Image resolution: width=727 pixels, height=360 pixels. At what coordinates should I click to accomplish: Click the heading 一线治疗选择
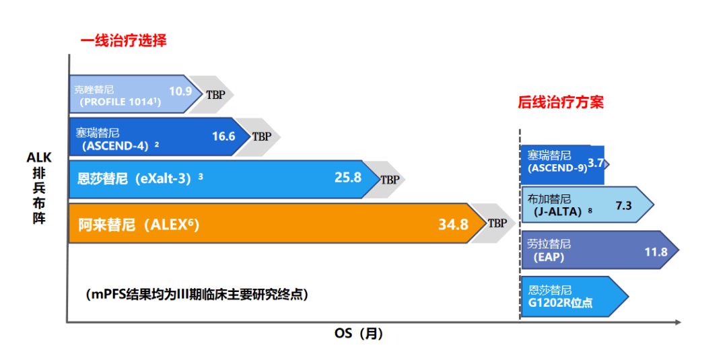coord(123,41)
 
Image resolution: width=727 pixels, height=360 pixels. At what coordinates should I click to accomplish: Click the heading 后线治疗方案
coord(560,102)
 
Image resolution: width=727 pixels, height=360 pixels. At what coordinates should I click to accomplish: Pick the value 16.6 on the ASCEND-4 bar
coord(223,136)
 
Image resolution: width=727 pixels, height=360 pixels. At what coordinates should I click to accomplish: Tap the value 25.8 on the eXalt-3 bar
coord(348,178)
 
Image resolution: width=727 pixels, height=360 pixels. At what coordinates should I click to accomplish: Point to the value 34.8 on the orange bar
coord(453,224)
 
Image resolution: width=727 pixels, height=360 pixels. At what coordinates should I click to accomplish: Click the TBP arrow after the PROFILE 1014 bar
coord(215,94)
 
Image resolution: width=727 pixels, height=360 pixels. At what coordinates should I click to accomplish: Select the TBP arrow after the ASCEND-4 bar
coord(261,136)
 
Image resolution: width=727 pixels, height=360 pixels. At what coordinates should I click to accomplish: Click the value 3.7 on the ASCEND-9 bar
coord(596,163)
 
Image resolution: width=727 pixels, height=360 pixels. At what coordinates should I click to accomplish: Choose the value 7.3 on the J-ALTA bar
coord(623,205)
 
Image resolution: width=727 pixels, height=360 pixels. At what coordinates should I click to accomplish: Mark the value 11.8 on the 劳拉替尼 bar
coord(656,252)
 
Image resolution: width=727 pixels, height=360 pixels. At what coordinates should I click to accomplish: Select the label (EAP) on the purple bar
coord(548,257)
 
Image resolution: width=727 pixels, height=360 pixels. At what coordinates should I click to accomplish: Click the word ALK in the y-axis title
coord(39,157)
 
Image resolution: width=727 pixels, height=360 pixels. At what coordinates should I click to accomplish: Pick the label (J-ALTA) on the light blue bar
coord(556,211)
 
